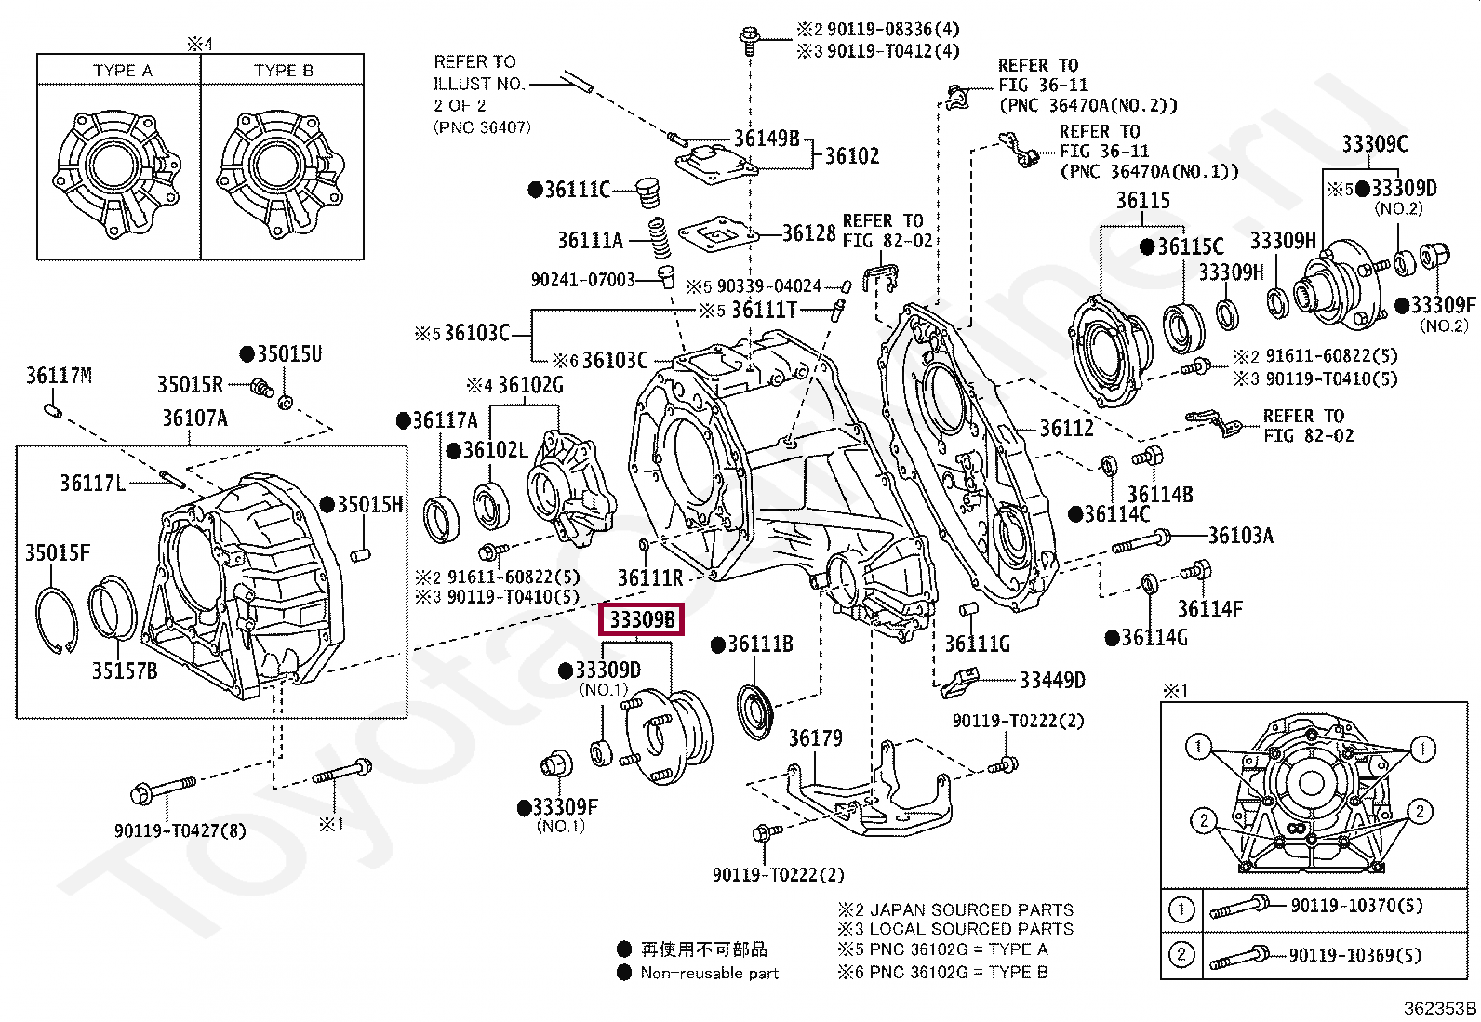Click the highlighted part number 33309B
tap(641, 619)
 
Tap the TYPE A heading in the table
tap(123, 70)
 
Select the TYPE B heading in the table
tap(284, 70)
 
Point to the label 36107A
tap(195, 418)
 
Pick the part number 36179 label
tap(816, 737)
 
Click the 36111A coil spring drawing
tap(658, 239)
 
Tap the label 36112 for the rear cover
tap(1066, 429)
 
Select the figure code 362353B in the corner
tap(1440, 1008)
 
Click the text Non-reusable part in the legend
tap(710, 973)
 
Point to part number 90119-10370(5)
tap(1356, 905)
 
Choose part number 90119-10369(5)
tap(1355, 954)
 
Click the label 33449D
tap(1052, 680)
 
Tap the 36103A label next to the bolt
tap(1241, 535)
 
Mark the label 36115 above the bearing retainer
tap(1143, 200)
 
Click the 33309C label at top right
tap(1375, 143)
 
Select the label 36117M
tap(59, 376)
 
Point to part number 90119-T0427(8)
tap(180, 830)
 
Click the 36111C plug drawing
tap(646, 192)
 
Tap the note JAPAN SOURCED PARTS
tap(972, 909)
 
